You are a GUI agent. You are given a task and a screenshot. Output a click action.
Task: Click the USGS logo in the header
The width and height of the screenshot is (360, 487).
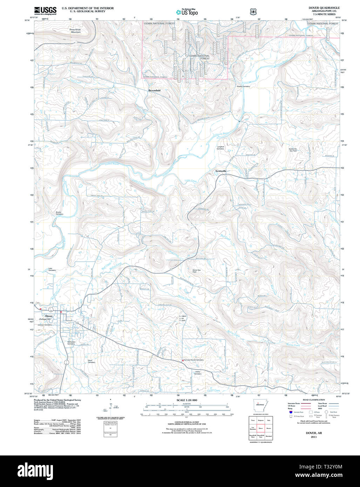[x=45, y=11]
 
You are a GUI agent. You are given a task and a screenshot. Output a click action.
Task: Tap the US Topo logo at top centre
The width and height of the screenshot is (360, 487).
[x=187, y=12]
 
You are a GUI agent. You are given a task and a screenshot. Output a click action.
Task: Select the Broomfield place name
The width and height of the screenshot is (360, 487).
[x=154, y=90]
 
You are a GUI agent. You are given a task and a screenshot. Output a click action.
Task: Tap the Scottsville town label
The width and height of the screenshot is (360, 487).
[x=221, y=171]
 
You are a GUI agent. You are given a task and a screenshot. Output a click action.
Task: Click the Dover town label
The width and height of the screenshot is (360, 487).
[x=49, y=316]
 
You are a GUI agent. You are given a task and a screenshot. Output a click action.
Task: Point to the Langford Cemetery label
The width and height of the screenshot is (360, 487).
[x=220, y=148]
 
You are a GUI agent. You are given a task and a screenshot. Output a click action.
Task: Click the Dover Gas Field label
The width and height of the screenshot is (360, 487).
[x=197, y=271]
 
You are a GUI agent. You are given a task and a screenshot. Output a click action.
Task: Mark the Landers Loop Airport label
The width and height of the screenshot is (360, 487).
[x=183, y=318]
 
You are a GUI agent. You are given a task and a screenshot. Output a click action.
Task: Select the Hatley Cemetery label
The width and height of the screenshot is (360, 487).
[x=198, y=373]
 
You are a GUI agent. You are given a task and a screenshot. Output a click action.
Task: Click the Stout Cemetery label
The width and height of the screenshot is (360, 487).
[x=91, y=361]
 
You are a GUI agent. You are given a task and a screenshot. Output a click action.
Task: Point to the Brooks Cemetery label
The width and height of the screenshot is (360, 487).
[x=59, y=213]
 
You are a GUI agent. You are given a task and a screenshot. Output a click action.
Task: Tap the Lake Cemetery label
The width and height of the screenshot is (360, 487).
[x=52, y=270]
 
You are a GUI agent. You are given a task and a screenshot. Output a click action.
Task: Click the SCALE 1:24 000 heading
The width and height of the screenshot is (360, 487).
[x=187, y=400]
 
